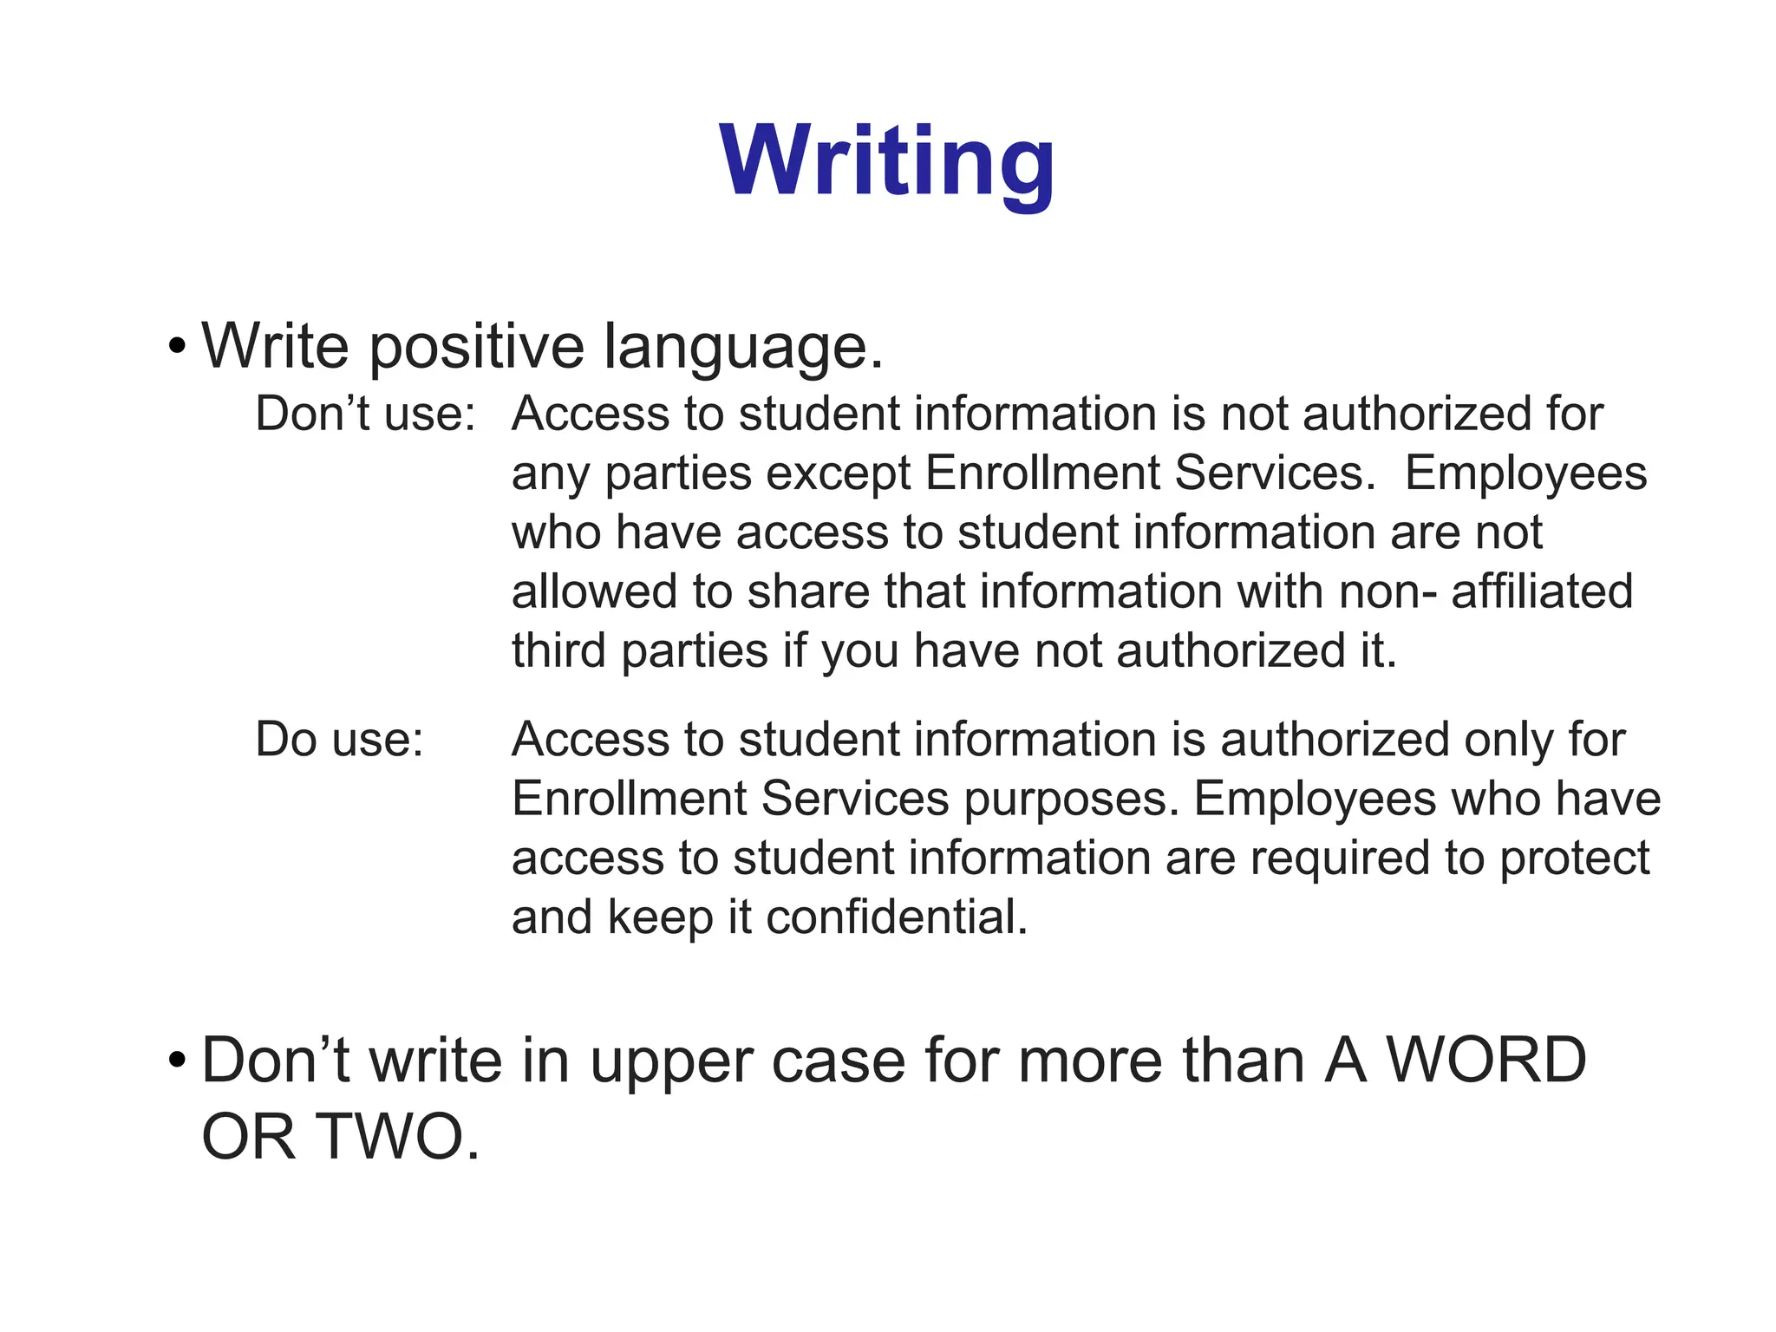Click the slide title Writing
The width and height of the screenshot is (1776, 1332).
tap(887, 162)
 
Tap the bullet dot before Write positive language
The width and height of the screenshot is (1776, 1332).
tap(178, 348)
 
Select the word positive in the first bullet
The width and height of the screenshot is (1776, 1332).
tap(477, 348)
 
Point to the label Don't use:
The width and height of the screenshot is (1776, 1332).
tap(365, 414)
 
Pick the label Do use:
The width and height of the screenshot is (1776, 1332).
tap(339, 740)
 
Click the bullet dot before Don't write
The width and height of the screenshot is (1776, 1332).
tap(178, 1061)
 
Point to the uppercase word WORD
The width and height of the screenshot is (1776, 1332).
tap(1485, 1061)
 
